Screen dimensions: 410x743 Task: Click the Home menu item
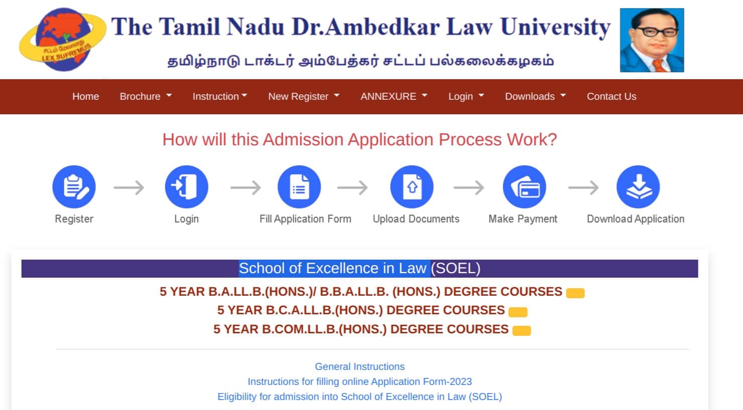click(85, 96)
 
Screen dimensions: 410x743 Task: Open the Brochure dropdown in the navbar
click(145, 96)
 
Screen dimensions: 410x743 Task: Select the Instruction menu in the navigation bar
click(219, 96)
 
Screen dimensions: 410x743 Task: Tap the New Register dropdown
click(303, 96)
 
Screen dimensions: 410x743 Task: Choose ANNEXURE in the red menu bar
click(394, 96)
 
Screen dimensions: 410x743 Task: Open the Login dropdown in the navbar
click(465, 96)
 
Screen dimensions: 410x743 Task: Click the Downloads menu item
click(535, 96)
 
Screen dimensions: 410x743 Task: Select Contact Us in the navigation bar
click(611, 96)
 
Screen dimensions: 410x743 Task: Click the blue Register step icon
click(74, 187)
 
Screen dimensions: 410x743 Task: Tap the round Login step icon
click(186, 187)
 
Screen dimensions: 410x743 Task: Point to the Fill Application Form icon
click(299, 187)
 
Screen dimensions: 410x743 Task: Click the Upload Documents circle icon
click(412, 187)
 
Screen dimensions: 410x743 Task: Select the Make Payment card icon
click(524, 187)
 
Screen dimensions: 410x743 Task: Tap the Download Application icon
click(638, 187)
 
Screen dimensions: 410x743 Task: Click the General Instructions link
click(359, 366)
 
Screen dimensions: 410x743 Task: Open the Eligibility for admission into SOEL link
click(359, 396)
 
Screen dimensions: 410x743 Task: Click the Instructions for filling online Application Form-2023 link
click(359, 381)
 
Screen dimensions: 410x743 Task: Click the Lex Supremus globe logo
click(62, 39)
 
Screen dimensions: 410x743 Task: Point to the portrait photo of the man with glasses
click(652, 40)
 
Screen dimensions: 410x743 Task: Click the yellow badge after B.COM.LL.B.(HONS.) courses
click(522, 330)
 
